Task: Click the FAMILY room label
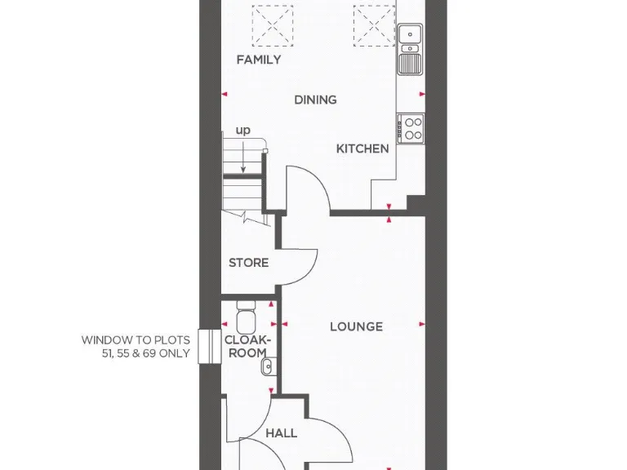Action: point(259,60)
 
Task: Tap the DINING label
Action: point(315,100)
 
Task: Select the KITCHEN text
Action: point(362,149)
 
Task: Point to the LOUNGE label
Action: point(356,326)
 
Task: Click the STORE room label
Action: point(248,263)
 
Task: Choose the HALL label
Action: point(281,433)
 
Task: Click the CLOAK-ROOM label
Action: point(246,347)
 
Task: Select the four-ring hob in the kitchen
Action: point(411,128)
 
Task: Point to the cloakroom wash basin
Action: point(268,368)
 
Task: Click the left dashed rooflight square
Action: point(272,24)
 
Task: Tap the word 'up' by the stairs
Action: point(243,131)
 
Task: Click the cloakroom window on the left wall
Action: point(204,347)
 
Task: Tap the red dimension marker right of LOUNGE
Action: point(423,326)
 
